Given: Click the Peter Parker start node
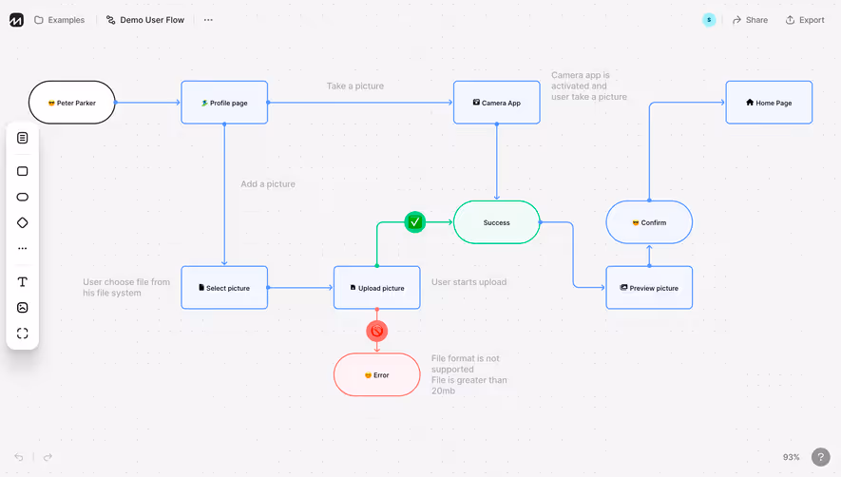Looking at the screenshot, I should [72, 103].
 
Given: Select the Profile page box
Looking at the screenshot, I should [224, 103].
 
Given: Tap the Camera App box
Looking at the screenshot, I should [497, 103].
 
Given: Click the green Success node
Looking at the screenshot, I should [496, 222].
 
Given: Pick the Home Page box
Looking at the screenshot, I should [769, 103].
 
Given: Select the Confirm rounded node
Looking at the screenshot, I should [649, 222].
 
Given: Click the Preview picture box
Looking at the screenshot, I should [649, 288].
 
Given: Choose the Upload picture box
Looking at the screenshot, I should [376, 288].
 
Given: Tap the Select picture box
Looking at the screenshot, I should [224, 288].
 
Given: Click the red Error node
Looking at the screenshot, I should [376, 375].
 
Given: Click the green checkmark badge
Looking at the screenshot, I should [414, 222].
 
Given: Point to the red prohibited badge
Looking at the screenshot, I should [376, 331].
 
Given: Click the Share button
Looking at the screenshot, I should [750, 20].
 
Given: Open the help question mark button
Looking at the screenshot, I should [820, 457].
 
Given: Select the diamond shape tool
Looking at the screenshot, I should [23, 222].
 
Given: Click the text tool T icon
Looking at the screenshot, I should [23, 282].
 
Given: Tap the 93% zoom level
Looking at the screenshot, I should [791, 457].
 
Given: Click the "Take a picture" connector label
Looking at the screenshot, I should [355, 86].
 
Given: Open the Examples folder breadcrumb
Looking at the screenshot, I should [60, 20].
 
